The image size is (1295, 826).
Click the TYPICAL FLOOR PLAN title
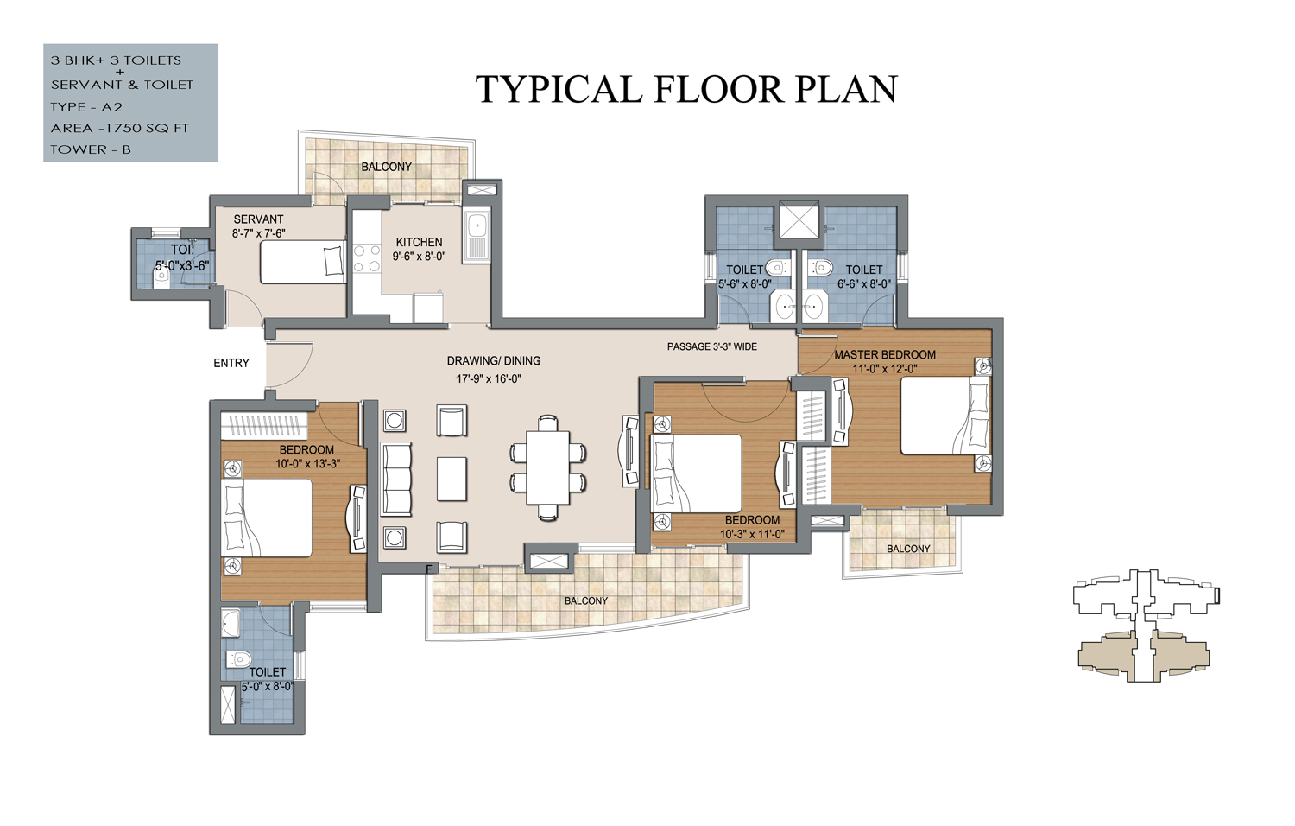pos(686,89)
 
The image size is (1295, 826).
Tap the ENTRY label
pos(231,363)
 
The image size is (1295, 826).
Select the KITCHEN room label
pos(419,243)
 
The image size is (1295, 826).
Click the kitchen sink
pos(477,235)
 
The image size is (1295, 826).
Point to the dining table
pos(547,467)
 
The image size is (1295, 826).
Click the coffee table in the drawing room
pos(452,479)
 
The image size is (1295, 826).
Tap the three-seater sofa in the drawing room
pos(396,479)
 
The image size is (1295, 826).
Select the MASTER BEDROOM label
pos(885,354)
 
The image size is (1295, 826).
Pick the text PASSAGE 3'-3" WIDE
pos(711,346)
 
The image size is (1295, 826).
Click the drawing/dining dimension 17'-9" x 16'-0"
pos(489,379)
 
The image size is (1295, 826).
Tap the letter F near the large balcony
pos(429,569)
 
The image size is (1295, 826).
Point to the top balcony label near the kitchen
pos(386,167)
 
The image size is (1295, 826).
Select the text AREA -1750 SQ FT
pos(120,129)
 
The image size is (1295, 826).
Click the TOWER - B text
pos(91,149)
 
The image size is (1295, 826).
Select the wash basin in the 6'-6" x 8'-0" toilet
pos(813,305)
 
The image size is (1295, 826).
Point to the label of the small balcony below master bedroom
pos(908,549)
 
